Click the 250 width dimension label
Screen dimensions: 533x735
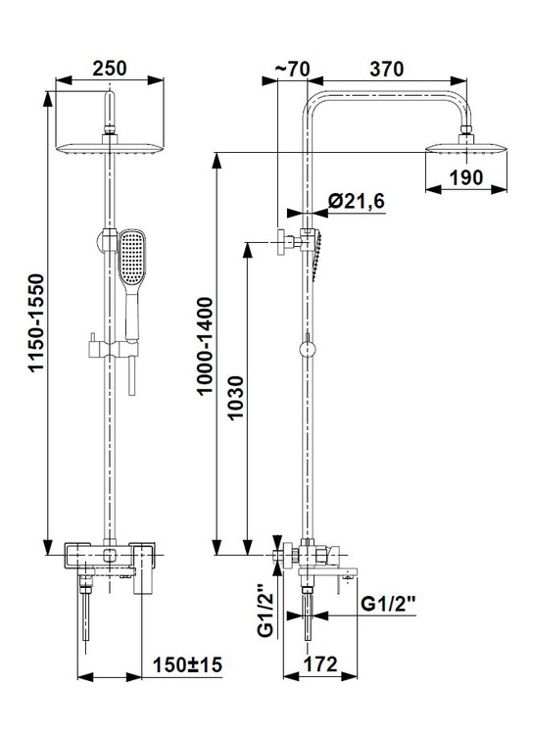[x=109, y=69]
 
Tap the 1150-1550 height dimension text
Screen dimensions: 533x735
[x=36, y=323]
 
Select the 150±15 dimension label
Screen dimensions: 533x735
[x=187, y=664]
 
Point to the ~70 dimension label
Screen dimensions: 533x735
[x=292, y=69]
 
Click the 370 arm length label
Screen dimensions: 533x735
[x=386, y=69]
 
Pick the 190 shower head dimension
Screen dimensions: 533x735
[x=466, y=177]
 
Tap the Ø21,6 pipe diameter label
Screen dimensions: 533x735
[x=357, y=201]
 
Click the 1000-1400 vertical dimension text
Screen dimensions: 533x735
[x=205, y=346]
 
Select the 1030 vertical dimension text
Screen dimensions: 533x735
[x=235, y=398]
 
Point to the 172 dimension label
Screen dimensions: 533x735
[x=320, y=664]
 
